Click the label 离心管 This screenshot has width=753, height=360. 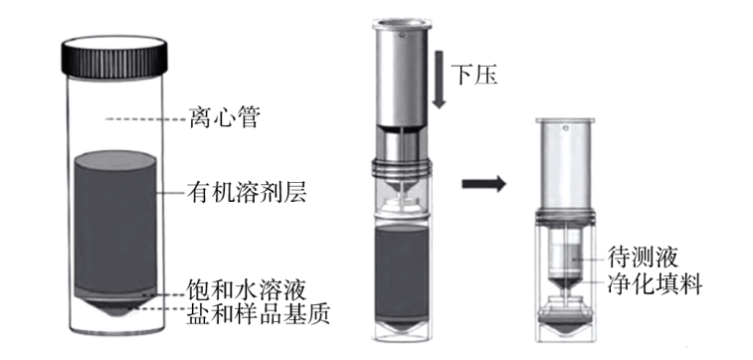click(x=225, y=117)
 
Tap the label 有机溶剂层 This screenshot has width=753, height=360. click(x=247, y=194)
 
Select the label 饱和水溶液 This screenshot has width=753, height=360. click(x=247, y=290)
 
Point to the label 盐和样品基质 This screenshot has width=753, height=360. click(x=259, y=314)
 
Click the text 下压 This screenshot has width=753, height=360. click(x=474, y=75)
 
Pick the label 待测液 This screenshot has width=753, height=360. click(x=643, y=257)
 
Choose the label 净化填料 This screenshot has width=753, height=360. click(x=655, y=283)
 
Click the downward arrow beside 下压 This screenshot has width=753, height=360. click(x=439, y=79)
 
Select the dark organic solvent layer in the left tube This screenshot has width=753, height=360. click(x=115, y=222)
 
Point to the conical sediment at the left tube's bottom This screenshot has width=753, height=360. click(x=114, y=307)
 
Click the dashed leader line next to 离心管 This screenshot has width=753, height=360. click(x=146, y=118)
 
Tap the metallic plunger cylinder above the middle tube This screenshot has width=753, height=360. click(x=402, y=72)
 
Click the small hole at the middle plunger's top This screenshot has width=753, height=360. click(x=402, y=34)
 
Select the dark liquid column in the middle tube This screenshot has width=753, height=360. click(x=401, y=272)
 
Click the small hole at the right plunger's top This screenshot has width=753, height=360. click(x=566, y=127)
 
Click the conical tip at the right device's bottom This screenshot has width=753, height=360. click(x=566, y=328)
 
